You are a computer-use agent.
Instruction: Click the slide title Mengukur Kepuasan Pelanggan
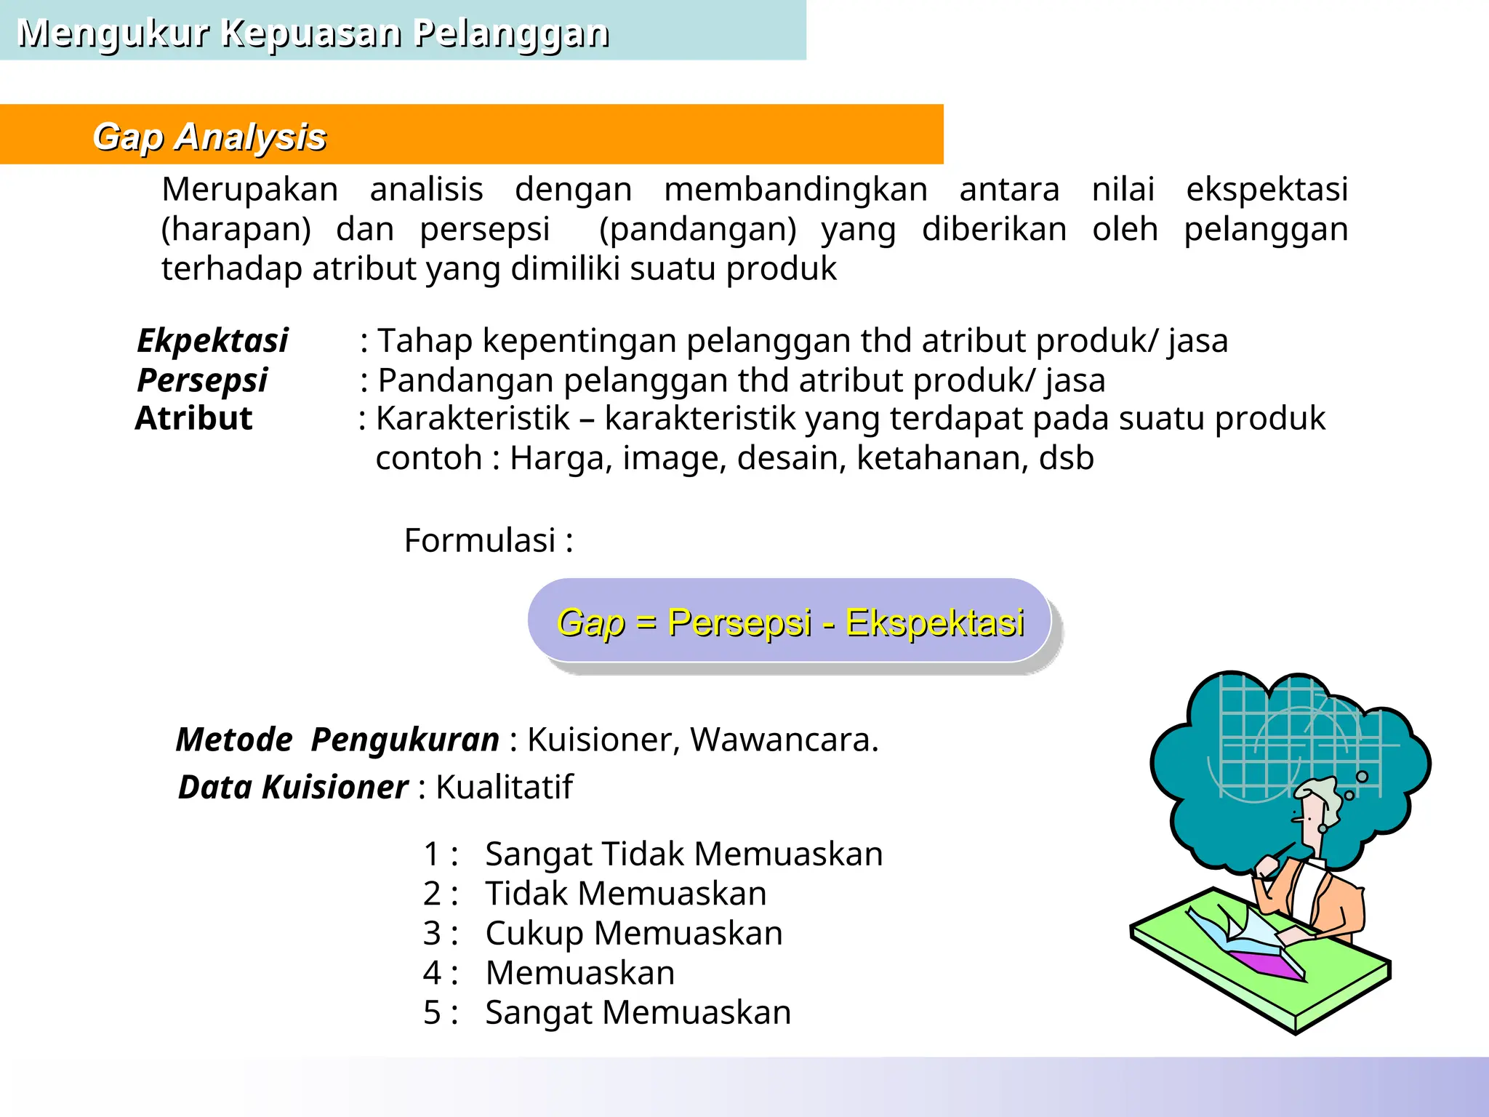pos(313,33)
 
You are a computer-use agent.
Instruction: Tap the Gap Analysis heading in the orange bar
pos(209,137)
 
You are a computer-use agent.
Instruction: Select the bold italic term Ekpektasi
pos(212,340)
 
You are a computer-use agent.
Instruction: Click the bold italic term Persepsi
pos(202,380)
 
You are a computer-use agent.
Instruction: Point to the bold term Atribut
pos(193,419)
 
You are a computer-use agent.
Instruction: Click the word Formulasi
pos(480,540)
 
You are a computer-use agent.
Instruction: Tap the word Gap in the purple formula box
pos(590,623)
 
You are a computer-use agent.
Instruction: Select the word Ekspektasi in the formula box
pos(935,623)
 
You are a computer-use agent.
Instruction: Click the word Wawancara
pos(784,740)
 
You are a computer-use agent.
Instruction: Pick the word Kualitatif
pos(504,787)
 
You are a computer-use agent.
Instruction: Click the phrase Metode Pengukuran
pos(337,740)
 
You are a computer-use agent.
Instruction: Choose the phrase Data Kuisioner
pos(293,787)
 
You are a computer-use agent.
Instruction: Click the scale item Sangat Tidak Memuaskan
pos(683,854)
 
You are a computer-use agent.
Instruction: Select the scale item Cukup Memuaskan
pos(633,933)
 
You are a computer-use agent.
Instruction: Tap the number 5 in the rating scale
pos(432,1012)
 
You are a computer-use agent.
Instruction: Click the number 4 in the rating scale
pos(432,973)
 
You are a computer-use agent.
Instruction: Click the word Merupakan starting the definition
pos(249,190)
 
